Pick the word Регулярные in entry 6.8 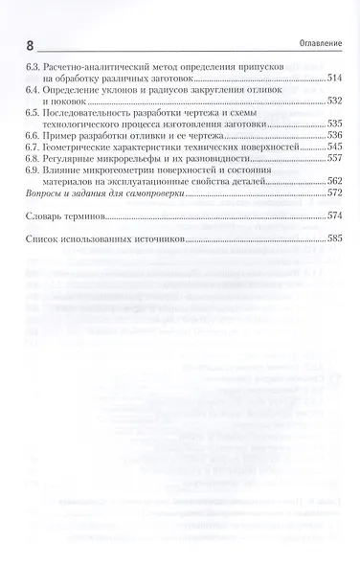point(71,160)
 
